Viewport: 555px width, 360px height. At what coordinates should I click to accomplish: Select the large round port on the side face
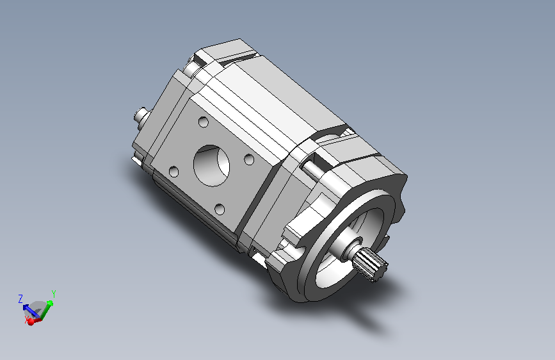click(x=211, y=165)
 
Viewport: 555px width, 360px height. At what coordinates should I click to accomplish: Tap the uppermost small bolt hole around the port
click(x=204, y=122)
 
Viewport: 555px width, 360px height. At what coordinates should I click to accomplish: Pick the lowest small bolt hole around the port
click(x=220, y=209)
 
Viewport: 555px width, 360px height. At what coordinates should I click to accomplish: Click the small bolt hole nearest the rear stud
click(x=173, y=172)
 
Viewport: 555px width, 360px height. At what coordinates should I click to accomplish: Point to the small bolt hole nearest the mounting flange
click(x=249, y=160)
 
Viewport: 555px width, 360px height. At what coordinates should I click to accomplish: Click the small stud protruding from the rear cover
click(x=141, y=115)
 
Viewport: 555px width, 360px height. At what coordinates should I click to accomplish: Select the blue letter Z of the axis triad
click(x=20, y=299)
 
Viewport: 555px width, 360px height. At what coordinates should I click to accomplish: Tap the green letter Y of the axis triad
click(x=53, y=294)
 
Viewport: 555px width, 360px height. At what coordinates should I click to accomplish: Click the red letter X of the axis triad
click(x=26, y=320)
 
